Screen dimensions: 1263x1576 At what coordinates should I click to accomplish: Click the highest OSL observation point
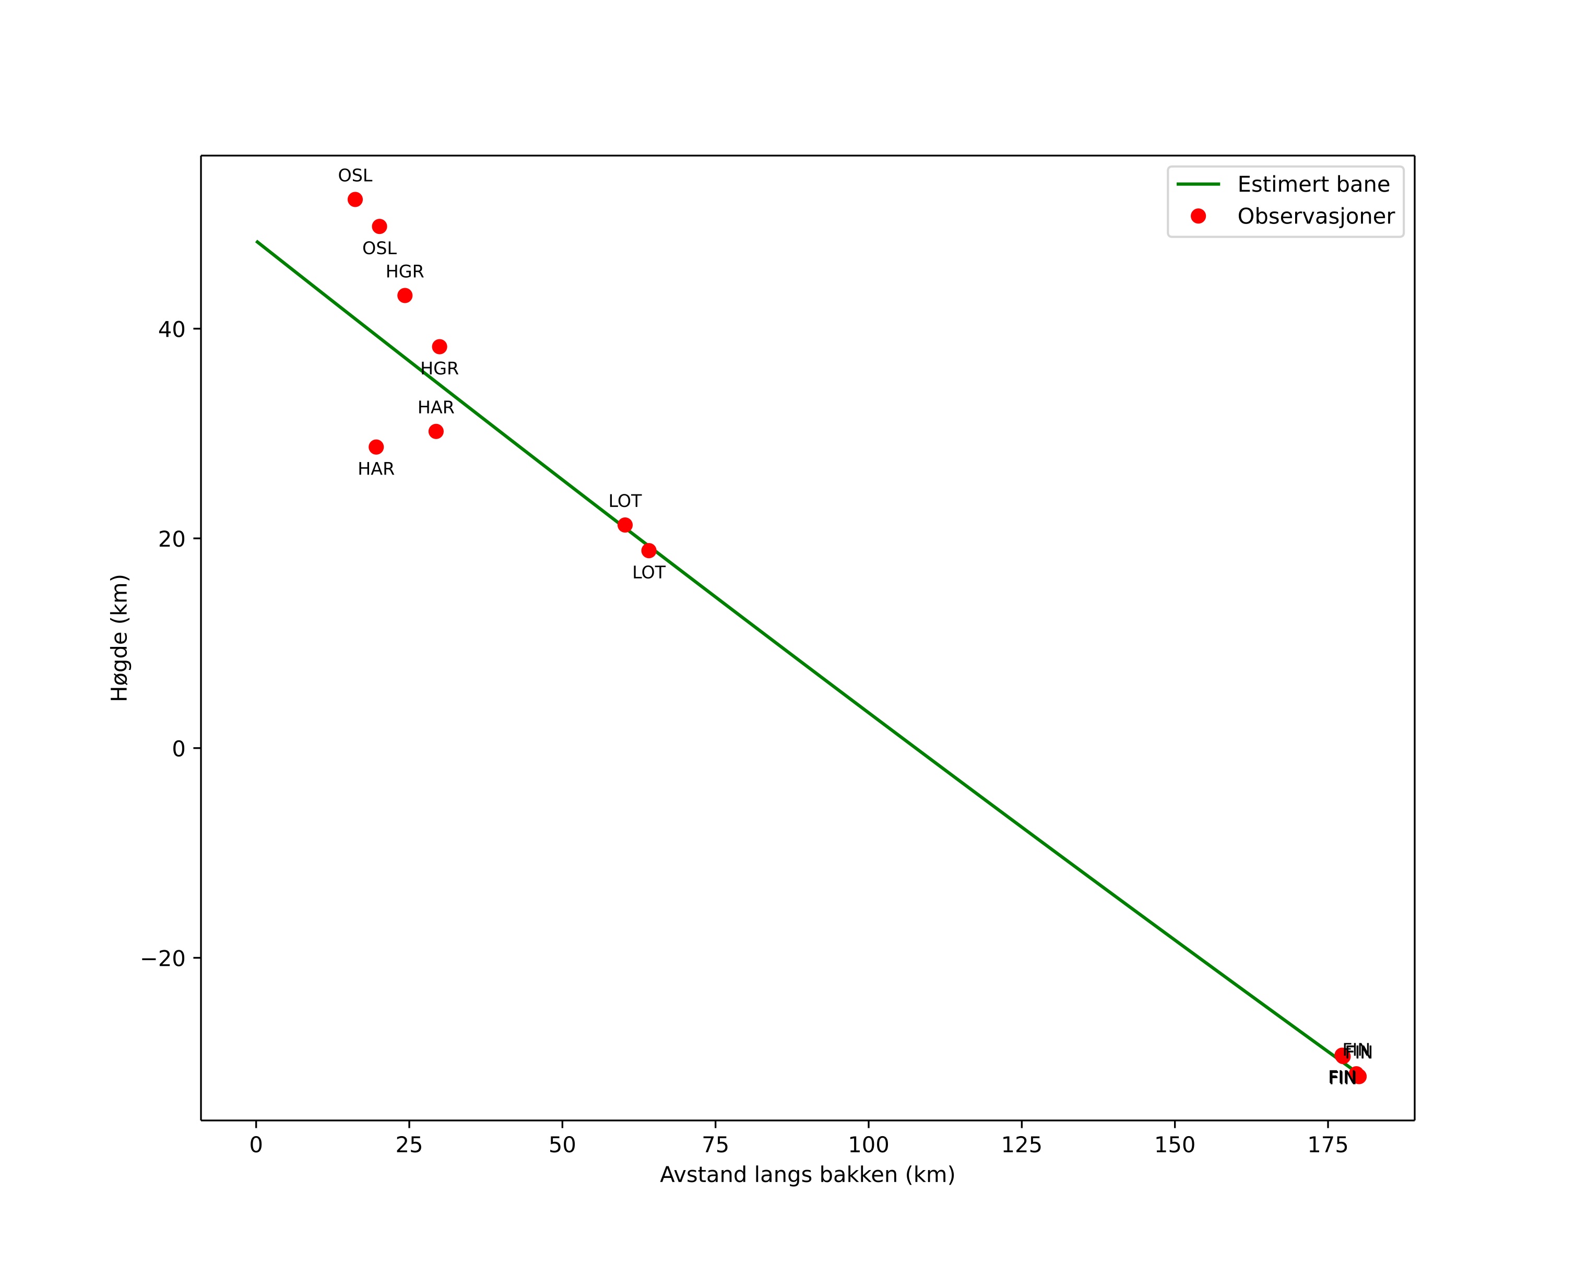point(356,199)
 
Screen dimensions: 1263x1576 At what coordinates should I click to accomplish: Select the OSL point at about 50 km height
point(380,227)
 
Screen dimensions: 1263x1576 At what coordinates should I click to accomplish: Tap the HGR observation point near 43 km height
point(405,296)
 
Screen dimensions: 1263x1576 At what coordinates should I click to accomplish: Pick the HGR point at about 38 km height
point(440,347)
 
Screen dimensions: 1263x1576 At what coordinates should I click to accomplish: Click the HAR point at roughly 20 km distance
point(376,447)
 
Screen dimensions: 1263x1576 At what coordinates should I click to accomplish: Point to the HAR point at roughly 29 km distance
point(436,431)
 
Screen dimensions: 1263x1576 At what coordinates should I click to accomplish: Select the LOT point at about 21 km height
point(625,525)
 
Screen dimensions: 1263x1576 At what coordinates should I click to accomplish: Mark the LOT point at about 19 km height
point(649,550)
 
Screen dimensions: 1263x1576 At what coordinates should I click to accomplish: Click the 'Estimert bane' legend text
point(1313,184)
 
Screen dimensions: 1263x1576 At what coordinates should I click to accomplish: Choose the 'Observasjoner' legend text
point(1316,216)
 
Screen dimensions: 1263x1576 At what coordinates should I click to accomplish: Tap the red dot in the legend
point(1198,216)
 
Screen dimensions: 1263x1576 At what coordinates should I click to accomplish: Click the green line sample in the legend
point(1198,184)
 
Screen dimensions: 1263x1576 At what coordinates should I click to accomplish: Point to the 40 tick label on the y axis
point(171,329)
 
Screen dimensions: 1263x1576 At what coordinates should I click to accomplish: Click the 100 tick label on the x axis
point(869,1146)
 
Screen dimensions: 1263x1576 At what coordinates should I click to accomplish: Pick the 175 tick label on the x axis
point(1328,1146)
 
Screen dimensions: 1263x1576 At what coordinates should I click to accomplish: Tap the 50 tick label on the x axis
point(562,1146)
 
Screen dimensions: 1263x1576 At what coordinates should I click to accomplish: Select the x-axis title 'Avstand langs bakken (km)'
point(807,1175)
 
